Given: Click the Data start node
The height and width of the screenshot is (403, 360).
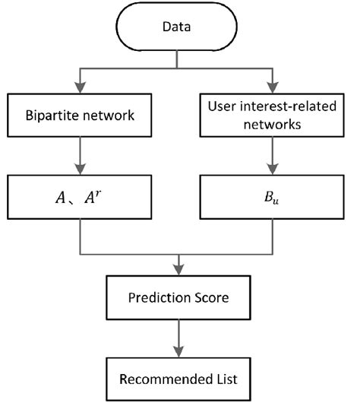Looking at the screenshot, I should [177, 28].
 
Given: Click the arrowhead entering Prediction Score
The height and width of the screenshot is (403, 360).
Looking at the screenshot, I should [177, 268].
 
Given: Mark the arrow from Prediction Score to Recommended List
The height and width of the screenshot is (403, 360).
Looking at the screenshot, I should [177, 335].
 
